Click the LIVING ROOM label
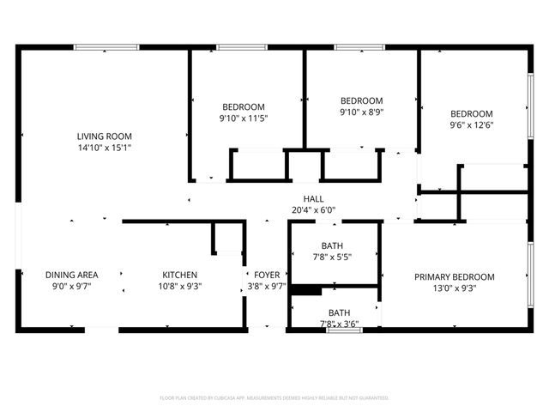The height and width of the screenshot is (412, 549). pyautogui.click(x=105, y=136)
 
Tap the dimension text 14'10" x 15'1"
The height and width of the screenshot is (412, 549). pyautogui.click(x=105, y=148)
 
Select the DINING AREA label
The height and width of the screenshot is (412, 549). pyautogui.click(x=71, y=275)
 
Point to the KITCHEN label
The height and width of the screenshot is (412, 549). pyautogui.click(x=180, y=275)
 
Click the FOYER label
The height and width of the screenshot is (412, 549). pyautogui.click(x=266, y=275)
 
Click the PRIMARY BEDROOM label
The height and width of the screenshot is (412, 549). pyautogui.click(x=455, y=276)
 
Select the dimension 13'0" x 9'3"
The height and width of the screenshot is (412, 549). pyautogui.click(x=455, y=288)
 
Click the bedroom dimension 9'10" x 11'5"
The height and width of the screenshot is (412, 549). pyautogui.click(x=245, y=118)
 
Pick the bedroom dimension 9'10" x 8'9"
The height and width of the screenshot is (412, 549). pyautogui.click(x=361, y=112)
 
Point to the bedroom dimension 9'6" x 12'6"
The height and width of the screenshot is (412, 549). pyautogui.click(x=472, y=125)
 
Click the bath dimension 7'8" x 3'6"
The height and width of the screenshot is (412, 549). pyautogui.click(x=338, y=324)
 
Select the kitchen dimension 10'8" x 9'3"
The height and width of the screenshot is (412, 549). pyautogui.click(x=180, y=287)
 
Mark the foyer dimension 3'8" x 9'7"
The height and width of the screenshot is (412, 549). pyautogui.click(x=266, y=287)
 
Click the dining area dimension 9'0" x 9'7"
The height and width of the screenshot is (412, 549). pyautogui.click(x=71, y=287)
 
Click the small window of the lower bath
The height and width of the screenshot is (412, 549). pyautogui.click(x=344, y=330)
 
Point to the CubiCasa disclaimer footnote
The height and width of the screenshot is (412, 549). pyautogui.click(x=274, y=398)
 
